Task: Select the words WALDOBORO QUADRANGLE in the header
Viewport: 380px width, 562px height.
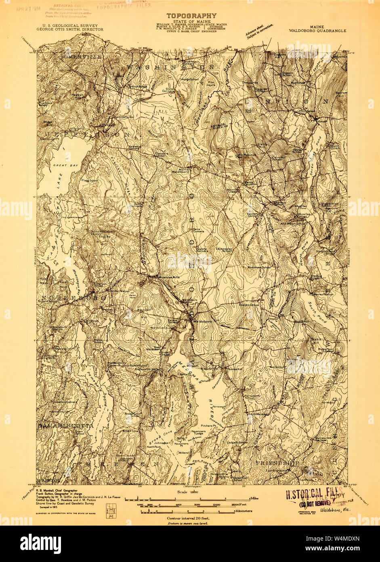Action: tap(311, 30)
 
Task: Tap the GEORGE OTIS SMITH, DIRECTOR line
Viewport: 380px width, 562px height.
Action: tap(70, 30)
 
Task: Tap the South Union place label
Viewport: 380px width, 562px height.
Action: tap(334, 148)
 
